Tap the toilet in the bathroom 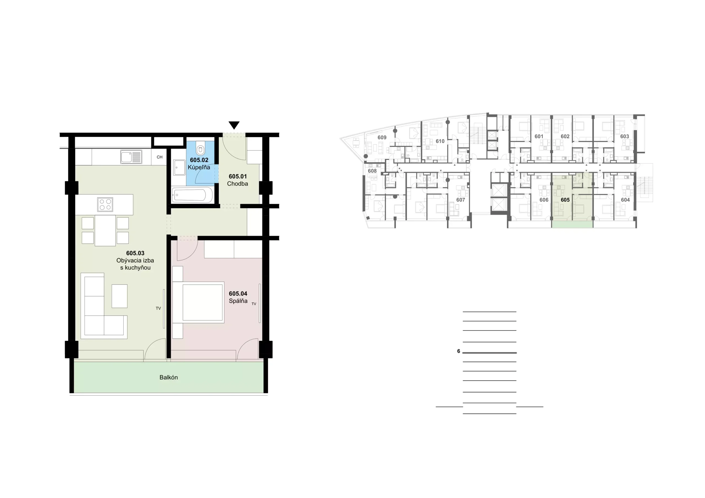[200, 148]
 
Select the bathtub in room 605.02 [192, 195]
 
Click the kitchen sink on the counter [131, 157]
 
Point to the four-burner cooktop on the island [105, 205]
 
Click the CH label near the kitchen [159, 157]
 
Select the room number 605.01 [238, 176]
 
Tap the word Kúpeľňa [199, 167]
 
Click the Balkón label [169, 377]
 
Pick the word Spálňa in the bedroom [238, 301]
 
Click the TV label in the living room [158, 308]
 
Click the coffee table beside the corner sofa [120, 296]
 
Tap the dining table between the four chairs [105, 231]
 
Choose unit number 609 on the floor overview [382, 138]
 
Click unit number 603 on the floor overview [625, 136]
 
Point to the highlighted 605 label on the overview [565, 200]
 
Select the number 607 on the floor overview [460, 200]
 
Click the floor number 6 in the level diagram [459, 351]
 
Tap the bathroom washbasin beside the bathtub [179, 168]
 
